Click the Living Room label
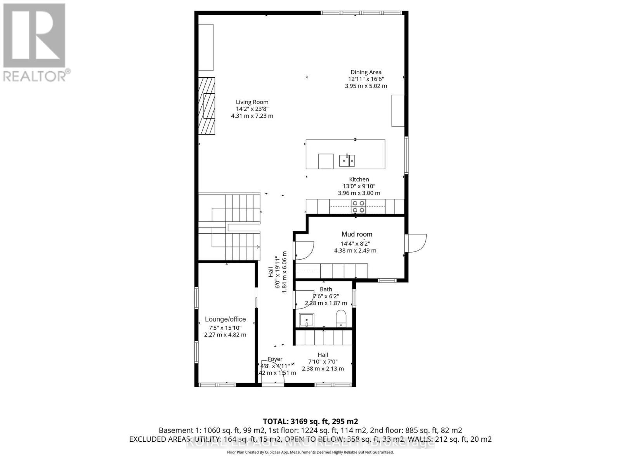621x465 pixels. [x=252, y=102]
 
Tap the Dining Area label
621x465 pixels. [x=366, y=72]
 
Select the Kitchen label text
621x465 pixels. [x=359, y=179]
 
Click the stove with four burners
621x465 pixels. [x=358, y=207]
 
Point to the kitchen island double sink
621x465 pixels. [x=347, y=160]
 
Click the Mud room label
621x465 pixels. [x=357, y=234]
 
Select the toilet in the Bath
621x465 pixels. [x=341, y=318]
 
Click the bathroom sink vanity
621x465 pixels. [x=307, y=320]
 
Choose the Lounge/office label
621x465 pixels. [x=225, y=319]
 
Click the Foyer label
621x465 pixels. [x=275, y=359]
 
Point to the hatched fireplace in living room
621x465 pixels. [x=206, y=106]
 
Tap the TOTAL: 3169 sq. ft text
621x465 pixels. [x=310, y=422]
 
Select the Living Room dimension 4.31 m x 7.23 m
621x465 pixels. [x=252, y=116]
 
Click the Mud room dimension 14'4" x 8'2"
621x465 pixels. [x=355, y=244]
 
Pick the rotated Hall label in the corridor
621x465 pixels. [x=271, y=272]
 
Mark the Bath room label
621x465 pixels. [x=326, y=289]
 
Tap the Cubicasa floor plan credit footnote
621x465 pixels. [x=310, y=452]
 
